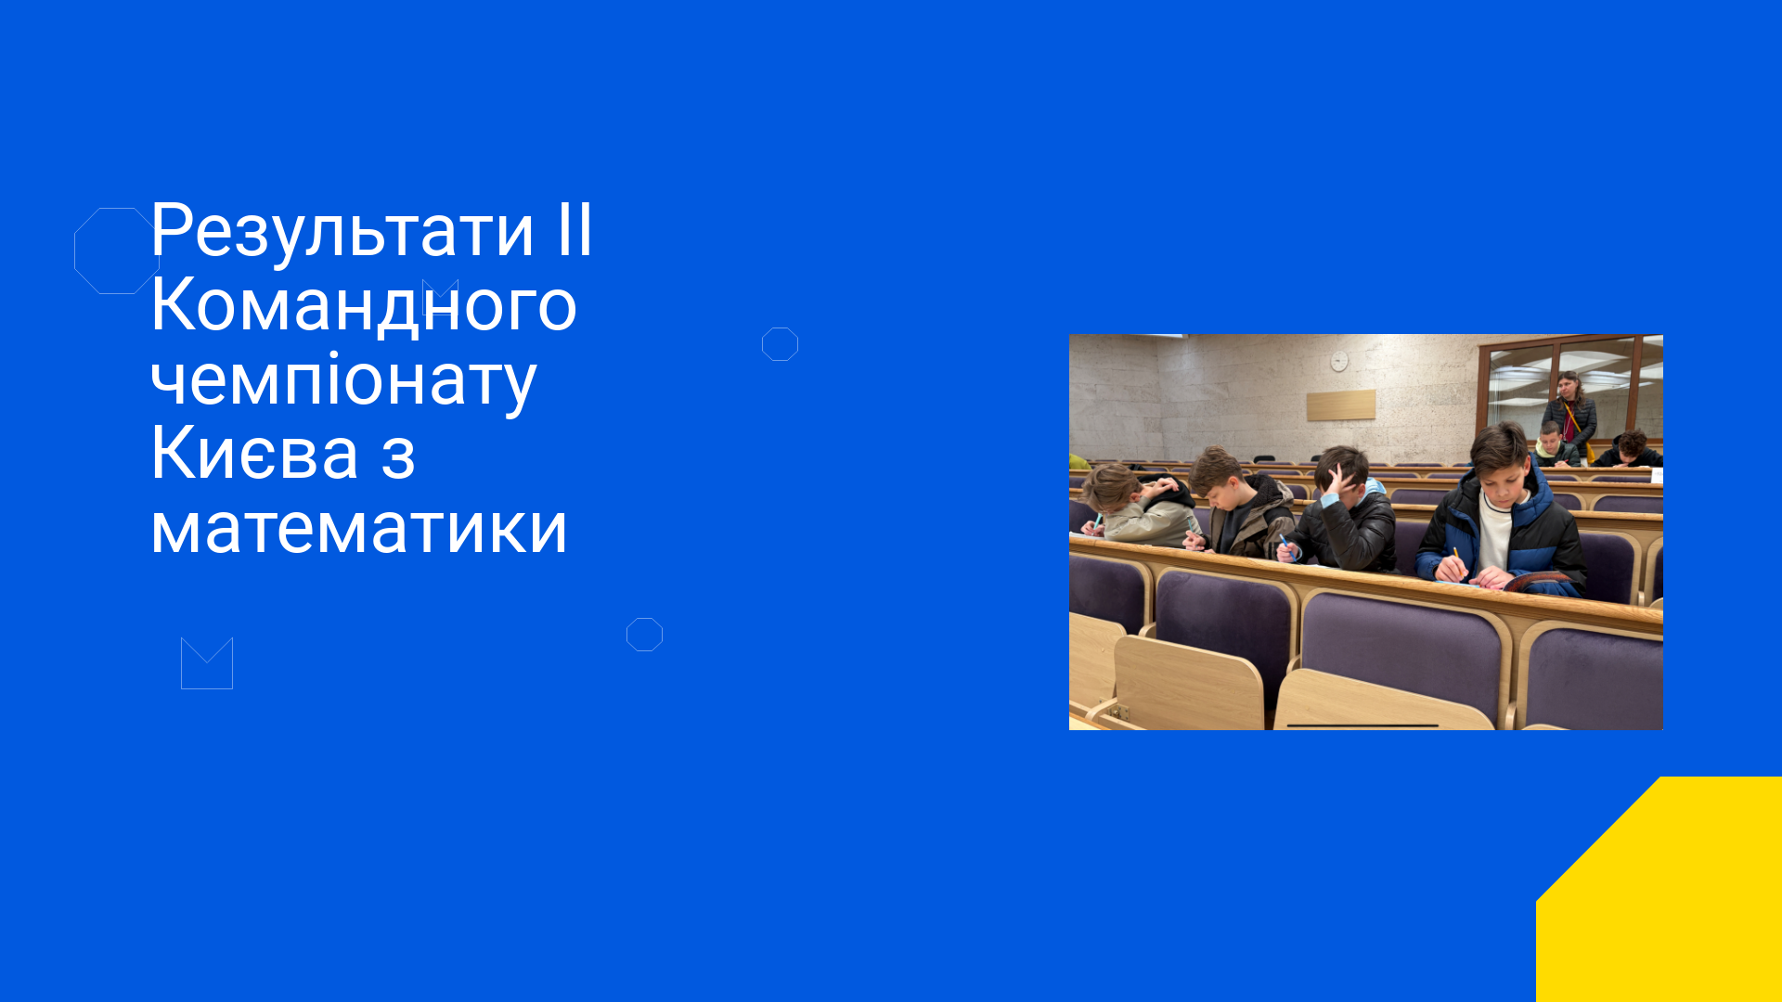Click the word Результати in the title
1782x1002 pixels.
point(342,232)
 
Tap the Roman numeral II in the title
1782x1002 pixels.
point(575,230)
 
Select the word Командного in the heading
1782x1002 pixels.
point(364,306)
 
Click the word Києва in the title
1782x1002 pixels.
point(255,454)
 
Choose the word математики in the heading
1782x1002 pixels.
point(358,529)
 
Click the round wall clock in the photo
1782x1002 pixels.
point(1339,361)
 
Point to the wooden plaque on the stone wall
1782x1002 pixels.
point(1341,405)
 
